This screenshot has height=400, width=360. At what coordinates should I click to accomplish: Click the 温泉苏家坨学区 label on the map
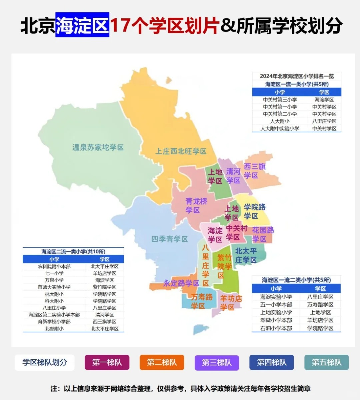coord(98,147)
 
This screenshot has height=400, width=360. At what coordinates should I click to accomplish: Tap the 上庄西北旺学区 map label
coord(181,151)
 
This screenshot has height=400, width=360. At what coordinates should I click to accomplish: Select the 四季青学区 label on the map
coord(169,239)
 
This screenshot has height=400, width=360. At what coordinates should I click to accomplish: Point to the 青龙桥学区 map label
coord(196,206)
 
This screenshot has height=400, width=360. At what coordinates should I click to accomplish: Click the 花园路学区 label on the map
coord(263,234)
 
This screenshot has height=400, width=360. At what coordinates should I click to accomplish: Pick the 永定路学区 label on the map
coord(181,283)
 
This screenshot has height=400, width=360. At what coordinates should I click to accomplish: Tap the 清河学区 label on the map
coord(233,176)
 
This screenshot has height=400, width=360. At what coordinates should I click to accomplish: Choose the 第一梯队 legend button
coord(107,362)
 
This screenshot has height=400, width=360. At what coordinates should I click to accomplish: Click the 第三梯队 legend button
coord(217,362)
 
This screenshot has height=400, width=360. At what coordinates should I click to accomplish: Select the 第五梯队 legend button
coord(326,362)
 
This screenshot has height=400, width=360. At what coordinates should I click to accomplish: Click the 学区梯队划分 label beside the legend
coord(45,362)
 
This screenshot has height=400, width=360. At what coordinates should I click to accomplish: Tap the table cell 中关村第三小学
coord(280,100)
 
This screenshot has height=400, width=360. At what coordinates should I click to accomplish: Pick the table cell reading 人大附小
coord(280,121)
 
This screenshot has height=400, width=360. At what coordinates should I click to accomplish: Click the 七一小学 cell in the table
coord(54,273)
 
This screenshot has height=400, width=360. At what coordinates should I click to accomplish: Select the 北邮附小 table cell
coord(54,329)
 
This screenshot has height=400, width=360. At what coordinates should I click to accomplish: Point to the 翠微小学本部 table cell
coord(276,320)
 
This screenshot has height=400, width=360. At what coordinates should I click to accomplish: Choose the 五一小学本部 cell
coord(276,305)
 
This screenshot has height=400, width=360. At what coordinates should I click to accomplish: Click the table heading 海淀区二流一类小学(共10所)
coord(73,252)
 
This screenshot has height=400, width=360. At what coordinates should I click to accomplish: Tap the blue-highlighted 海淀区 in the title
coord(82,25)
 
